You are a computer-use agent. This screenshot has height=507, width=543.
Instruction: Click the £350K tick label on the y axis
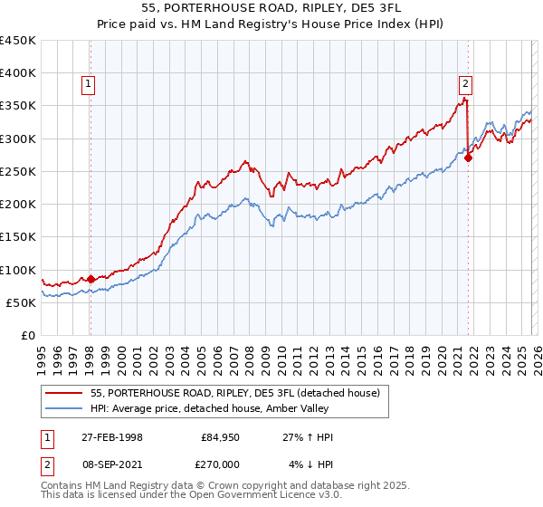17,106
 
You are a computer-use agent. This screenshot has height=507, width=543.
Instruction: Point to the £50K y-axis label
21,302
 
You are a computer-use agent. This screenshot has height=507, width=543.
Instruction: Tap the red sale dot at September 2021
468,158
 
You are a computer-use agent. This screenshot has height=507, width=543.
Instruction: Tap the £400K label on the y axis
17,72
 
